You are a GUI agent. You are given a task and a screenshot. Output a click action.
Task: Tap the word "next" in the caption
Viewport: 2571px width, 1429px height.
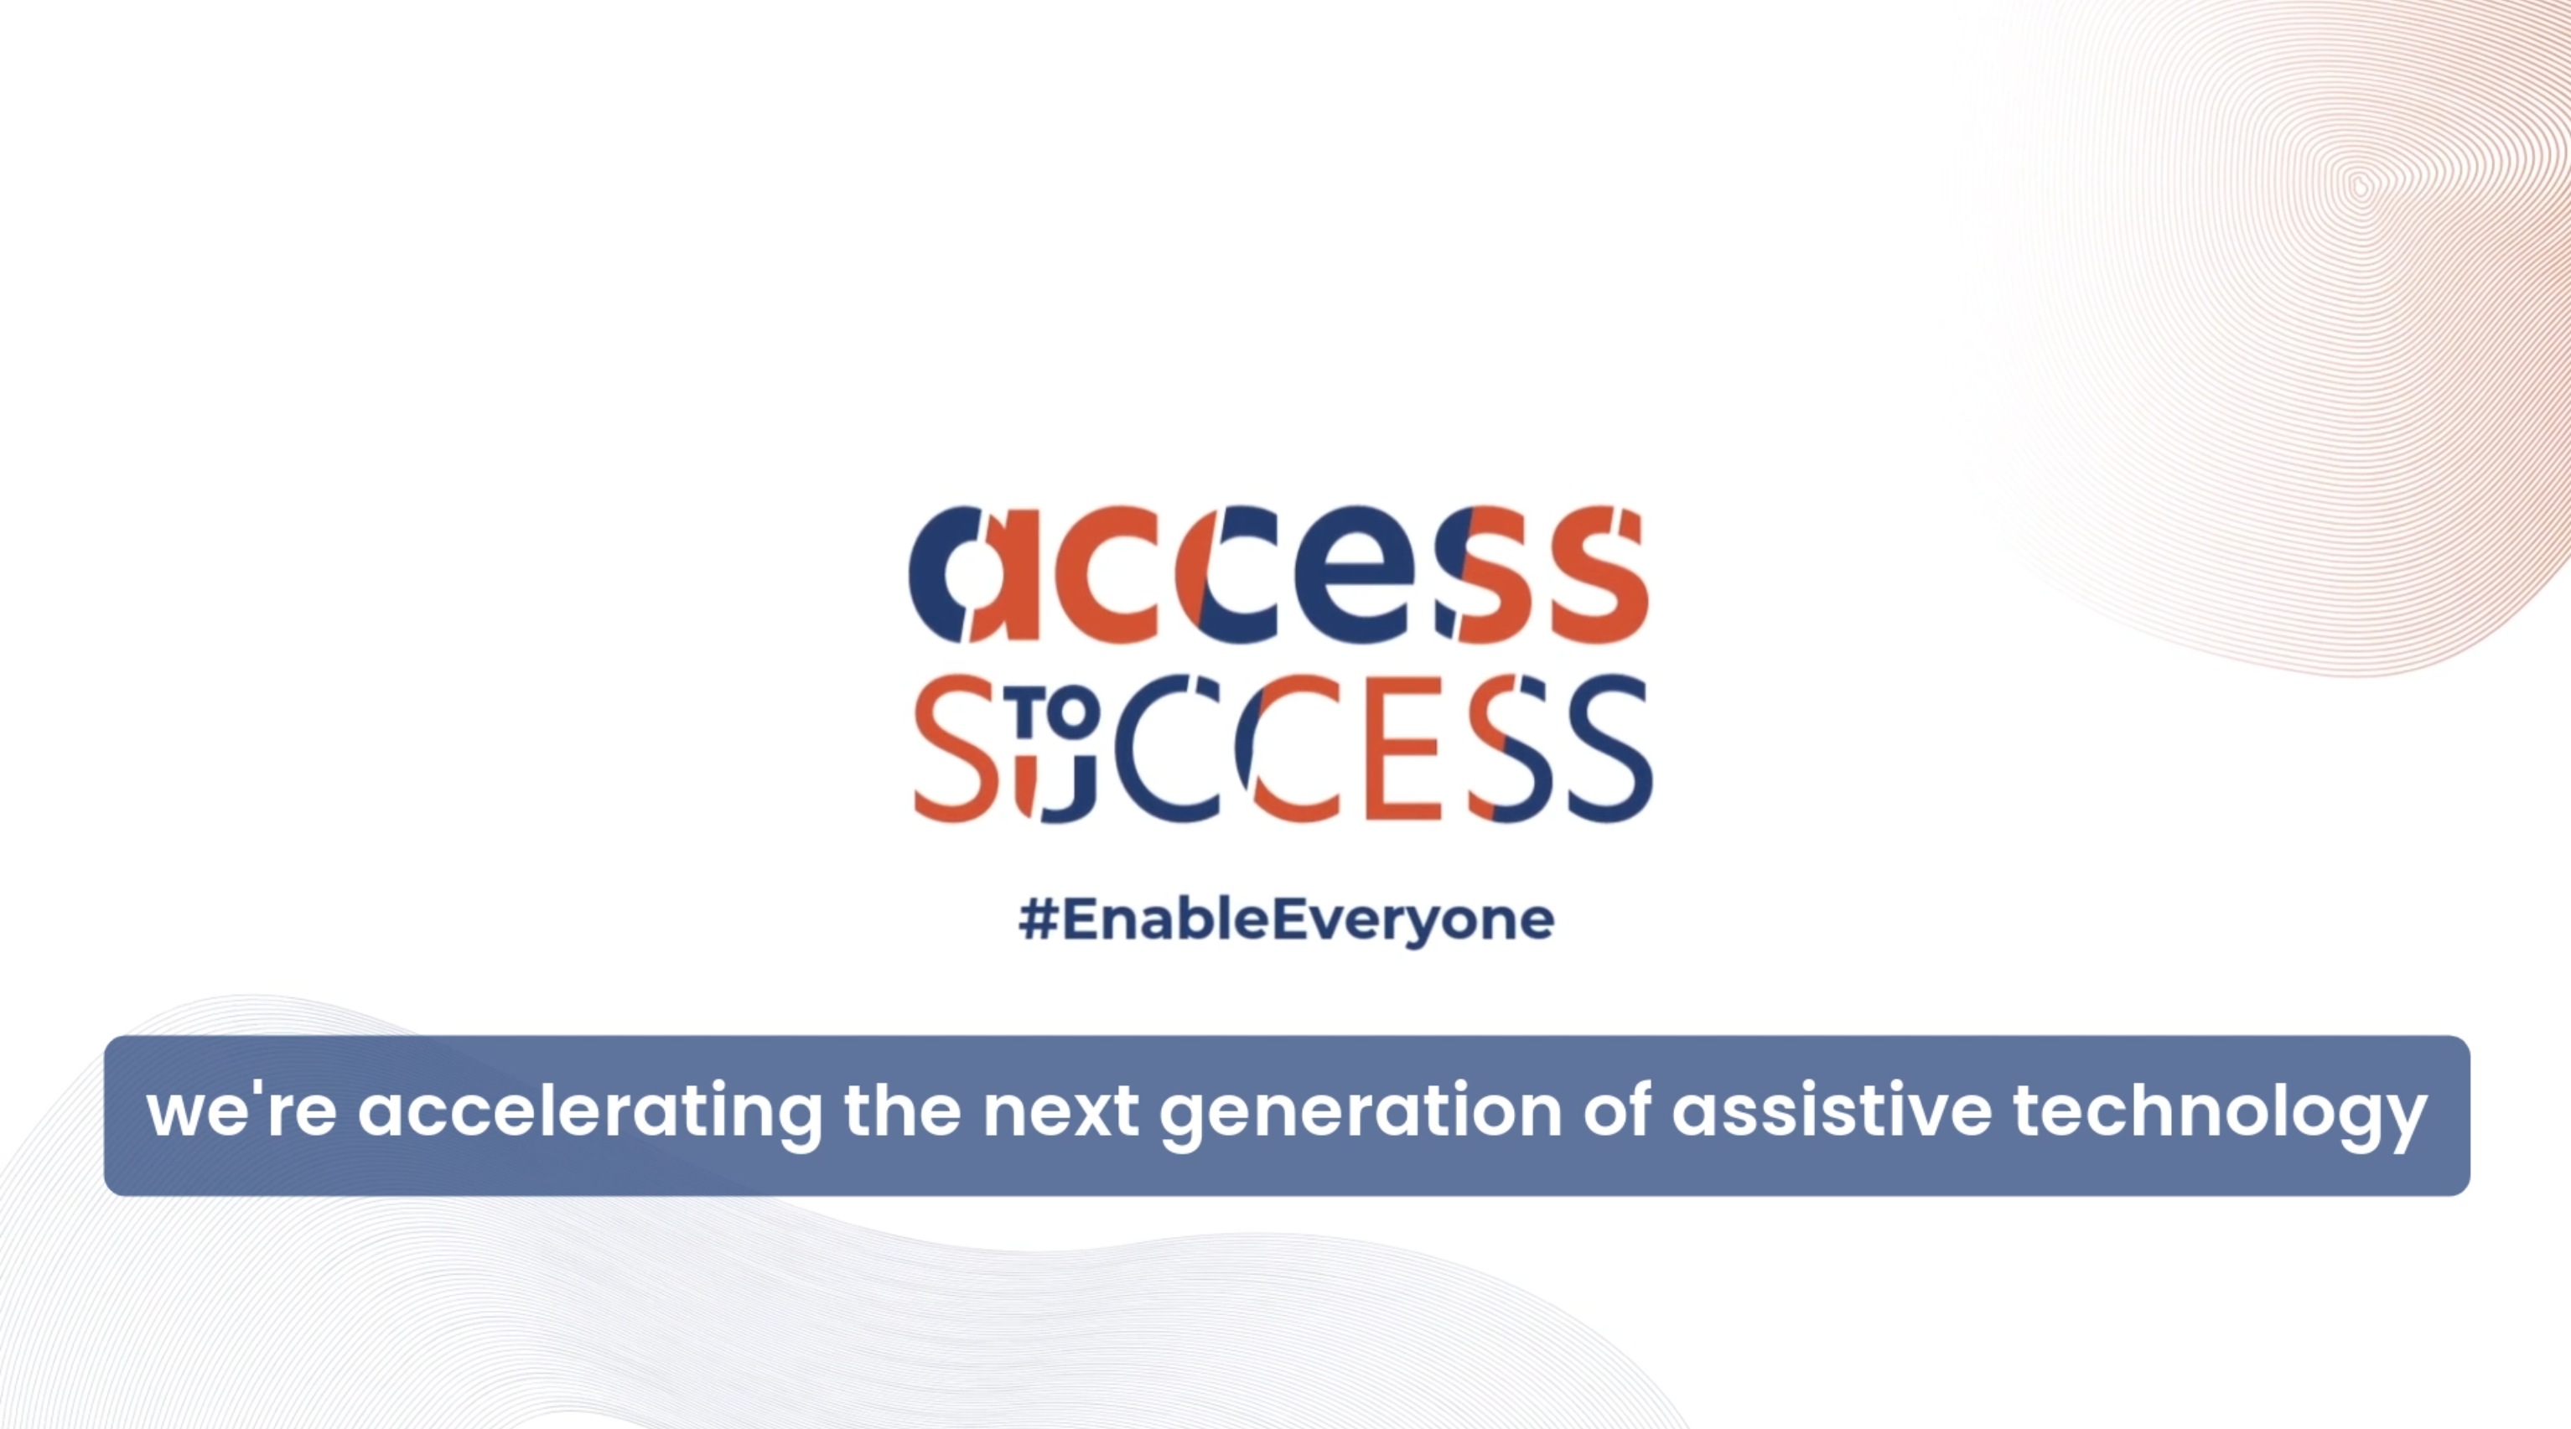(x=1060, y=1111)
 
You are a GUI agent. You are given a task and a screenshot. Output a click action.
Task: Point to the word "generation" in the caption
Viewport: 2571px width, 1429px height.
(x=1360, y=1116)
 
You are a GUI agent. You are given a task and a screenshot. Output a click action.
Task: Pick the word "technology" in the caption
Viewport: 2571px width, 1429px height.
(x=2220, y=1116)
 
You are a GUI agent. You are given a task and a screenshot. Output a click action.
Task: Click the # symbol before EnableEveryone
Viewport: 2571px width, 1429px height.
(x=1038, y=919)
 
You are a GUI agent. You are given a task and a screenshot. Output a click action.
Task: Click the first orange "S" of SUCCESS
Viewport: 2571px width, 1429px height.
(x=958, y=748)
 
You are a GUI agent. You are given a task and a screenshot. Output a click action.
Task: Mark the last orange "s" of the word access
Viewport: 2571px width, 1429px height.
(x=1597, y=574)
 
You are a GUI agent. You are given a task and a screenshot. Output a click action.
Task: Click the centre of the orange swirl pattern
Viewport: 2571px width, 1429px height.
(x=2361, y=185)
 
